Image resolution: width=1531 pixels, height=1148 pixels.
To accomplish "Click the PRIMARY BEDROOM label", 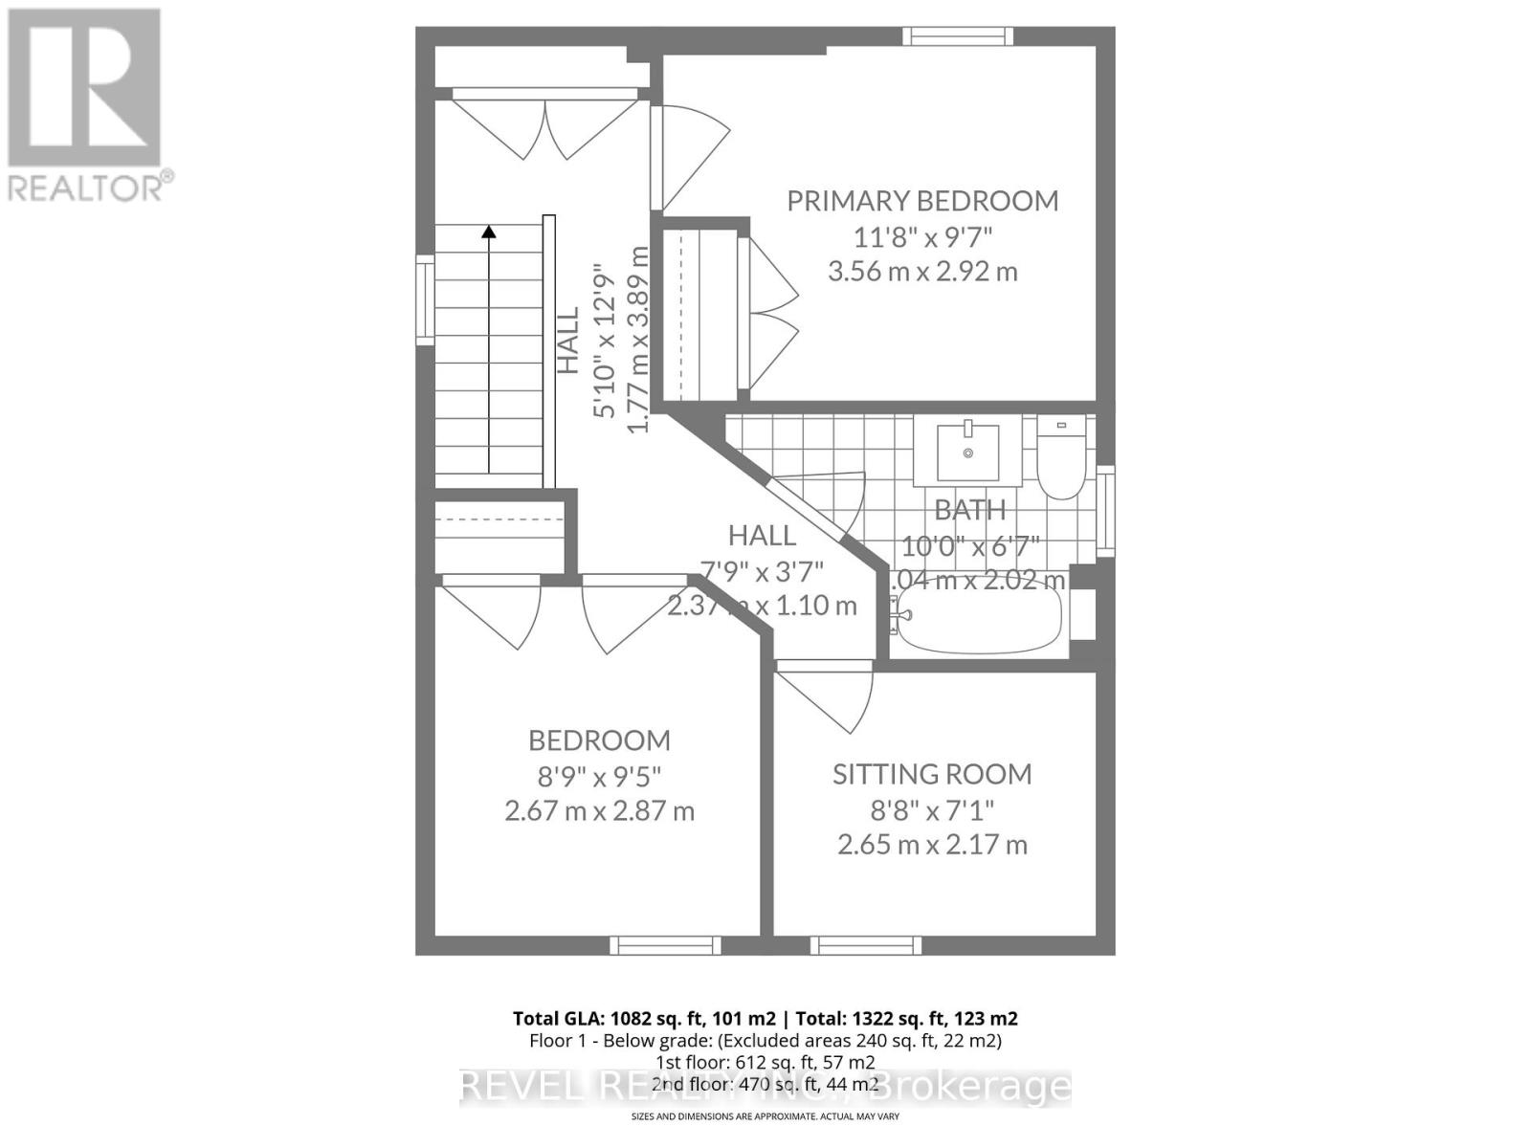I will [x=922, y=201].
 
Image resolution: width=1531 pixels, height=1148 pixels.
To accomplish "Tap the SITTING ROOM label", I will [x=932, y=774].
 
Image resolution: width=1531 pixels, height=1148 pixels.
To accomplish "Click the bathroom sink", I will [x=968, y=451].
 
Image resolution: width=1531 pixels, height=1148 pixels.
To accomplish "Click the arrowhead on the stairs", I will [x=489, y=232].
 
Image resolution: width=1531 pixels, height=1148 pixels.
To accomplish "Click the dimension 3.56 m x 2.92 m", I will [x=922, y=272].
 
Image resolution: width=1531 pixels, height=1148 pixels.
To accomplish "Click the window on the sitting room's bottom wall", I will [x=866, y=945].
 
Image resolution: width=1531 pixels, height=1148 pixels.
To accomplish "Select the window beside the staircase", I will [x=424, y=300].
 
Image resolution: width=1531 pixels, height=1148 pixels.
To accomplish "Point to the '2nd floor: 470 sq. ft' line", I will [x=765, y=1085].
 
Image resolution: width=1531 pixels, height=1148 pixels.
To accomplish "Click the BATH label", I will [x=969, y=511].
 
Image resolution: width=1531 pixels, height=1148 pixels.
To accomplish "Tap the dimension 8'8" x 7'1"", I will [x=932, y=810].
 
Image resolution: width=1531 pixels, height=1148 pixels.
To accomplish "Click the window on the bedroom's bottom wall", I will [x=666, y=945].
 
